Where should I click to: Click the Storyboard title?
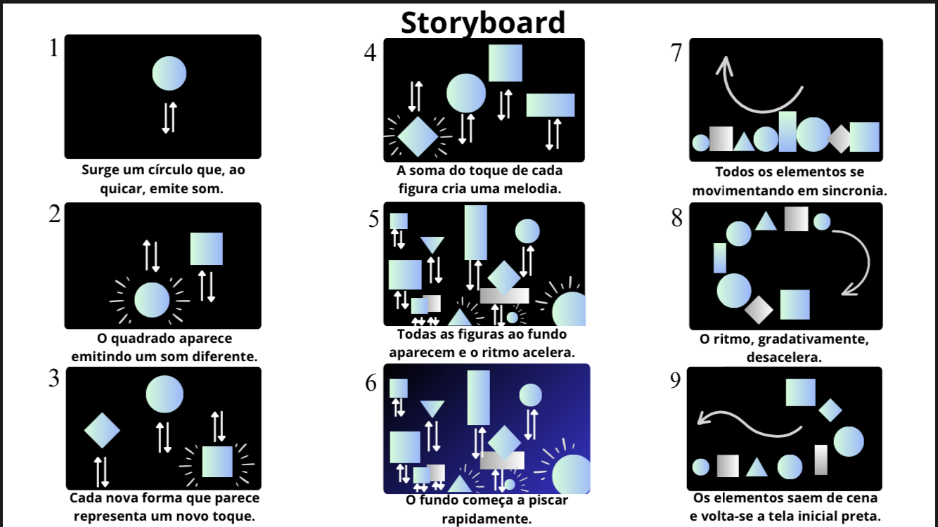click(x=483, y=22)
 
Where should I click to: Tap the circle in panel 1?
click(x=169, y=73)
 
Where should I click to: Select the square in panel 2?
click(x=206, y=249)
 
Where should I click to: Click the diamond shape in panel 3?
click(x=102, y=430)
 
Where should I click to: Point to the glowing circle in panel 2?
click(x=152, y=300)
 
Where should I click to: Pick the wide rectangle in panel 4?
click(x=551, y=105)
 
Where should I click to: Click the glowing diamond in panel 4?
click(x=418, y=136)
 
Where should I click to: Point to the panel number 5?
click(x=374, y=219)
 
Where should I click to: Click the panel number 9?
click(x=675, y=380)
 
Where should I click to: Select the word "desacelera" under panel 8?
click(x=784, y=357)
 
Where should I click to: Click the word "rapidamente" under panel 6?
click(x=487, y=519)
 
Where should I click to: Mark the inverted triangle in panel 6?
click(x=432, y=408)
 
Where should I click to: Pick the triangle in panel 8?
click(x=766, y=221)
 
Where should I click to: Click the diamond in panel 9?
click(x=830, y=410)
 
